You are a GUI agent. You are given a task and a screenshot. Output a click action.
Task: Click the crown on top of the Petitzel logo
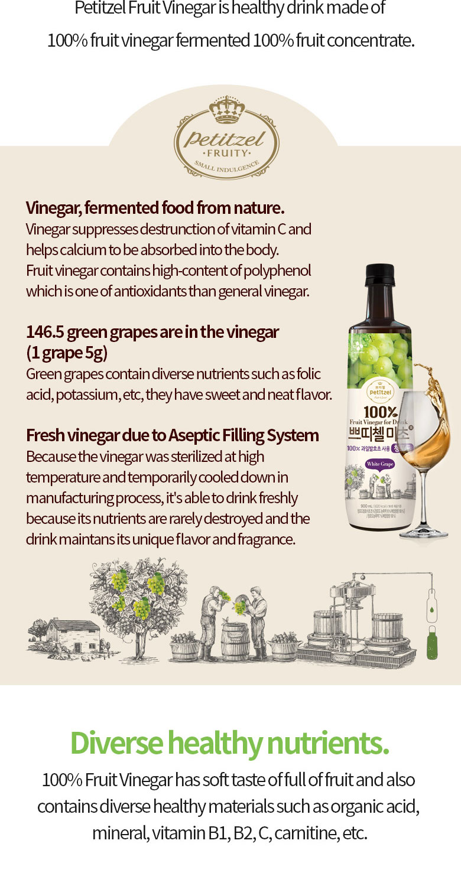pyautogui.click(x=227, y=110)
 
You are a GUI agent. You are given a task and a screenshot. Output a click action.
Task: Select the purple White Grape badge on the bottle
pyautogui.click(x=379, y=464)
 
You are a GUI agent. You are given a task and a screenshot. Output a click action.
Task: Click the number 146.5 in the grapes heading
pyautogui.click(x=45, y=333)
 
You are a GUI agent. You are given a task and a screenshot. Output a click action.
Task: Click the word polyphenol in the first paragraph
pyautogui.click(x=278, y=271)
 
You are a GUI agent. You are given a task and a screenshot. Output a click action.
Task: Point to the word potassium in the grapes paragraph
pyautogui.click(x=90, y=394)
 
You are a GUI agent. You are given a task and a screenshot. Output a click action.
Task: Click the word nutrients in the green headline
pyautogui.click(x=335, y=743)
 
